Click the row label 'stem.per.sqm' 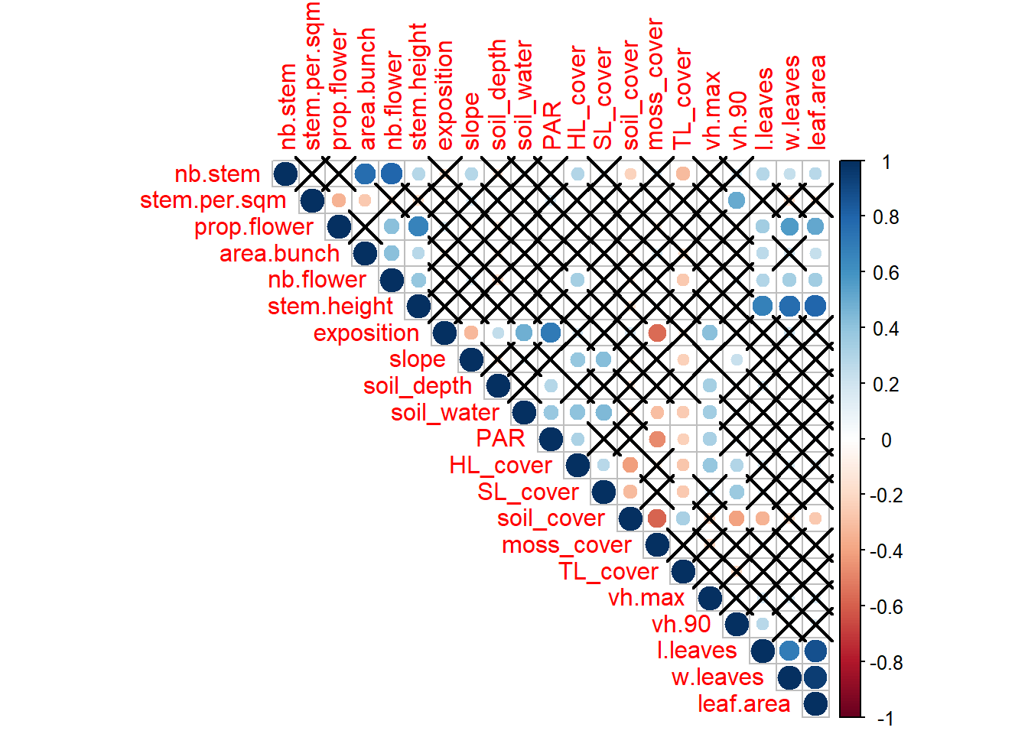(213, 200)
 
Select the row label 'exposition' (366, 333)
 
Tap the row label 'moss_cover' (567, 545)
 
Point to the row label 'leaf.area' (743, 703)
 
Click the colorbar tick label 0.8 (886, 217)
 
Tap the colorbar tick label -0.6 (884, 607)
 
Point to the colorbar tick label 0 (886, 440)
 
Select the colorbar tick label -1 (884, 719)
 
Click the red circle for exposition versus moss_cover (656, 333)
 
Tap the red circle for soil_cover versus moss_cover (656, 518)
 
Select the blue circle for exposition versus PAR (551, 333)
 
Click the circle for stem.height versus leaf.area (815, 306)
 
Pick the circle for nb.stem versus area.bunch (365, 174)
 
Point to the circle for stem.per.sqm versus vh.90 (736, 200)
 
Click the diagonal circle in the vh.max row (710, 598)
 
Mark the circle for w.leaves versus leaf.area (815, 677)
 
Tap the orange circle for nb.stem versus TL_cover (683, 174)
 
